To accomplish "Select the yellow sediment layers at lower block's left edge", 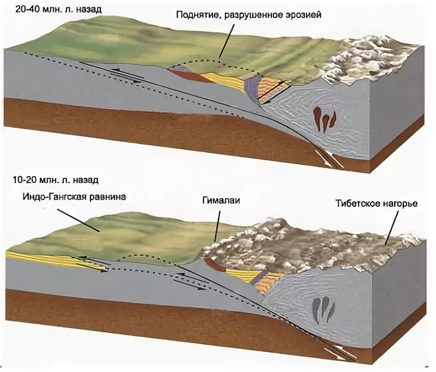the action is point(55,259).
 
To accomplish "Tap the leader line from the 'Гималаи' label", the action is point(218,224).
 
